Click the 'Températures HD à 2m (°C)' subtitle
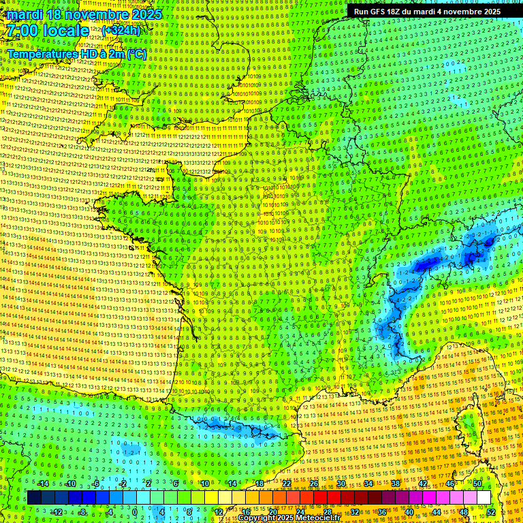point(76,54)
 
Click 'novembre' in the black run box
point(462,12)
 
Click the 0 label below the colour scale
point(135,512)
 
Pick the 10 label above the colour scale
point(205,484)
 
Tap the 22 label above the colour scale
point(287,484)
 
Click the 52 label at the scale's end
point(491,512)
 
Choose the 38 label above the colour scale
point(396,484)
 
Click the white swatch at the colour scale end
point(484,498)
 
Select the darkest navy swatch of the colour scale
point(34,498)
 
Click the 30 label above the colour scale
point(341,484)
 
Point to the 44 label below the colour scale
point(437,512)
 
